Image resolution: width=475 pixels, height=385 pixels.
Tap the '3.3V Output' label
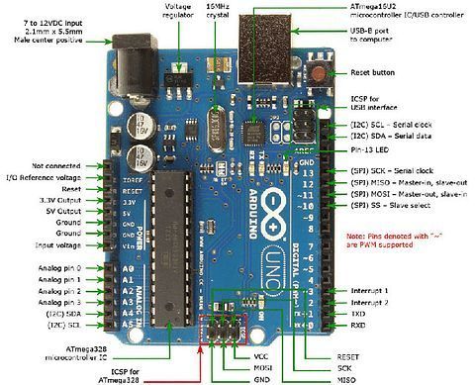(x=56, y=198)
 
